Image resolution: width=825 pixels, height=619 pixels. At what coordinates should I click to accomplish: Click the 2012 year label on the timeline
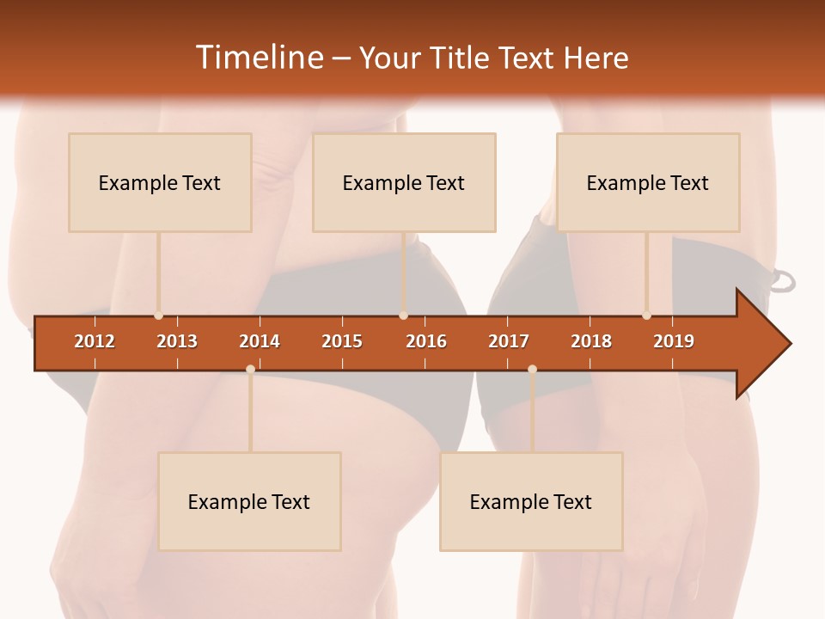click(x=95, y=341)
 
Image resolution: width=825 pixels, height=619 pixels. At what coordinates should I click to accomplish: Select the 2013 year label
click(x=177, y=341)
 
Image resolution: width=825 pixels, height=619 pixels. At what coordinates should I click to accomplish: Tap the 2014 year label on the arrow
click(x=260, y=341)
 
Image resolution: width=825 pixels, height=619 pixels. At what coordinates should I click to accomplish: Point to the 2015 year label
click(x=342, y=341)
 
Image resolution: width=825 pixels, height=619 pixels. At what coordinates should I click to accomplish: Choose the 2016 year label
click(x=426, y=341)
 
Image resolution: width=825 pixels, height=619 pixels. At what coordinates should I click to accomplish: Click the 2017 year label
click(x=509, y=341)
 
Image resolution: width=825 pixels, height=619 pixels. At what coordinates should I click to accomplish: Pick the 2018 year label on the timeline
click(x=591, y=341)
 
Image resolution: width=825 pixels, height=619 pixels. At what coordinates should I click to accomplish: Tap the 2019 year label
click(x=674, y=341)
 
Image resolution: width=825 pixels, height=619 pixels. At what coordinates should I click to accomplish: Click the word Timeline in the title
click(x=260, y=58)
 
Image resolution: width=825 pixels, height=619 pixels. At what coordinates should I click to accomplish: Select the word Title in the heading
click(x=462, y=58)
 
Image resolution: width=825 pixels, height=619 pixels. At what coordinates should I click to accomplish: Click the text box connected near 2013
click(x=160, y=182)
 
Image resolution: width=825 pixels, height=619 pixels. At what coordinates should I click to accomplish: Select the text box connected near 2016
click(x=404, y=182)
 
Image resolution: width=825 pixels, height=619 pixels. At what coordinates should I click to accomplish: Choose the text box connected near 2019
click(x=648, y=182)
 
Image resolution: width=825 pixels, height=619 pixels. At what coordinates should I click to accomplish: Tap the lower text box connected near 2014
click(x=249, y=501)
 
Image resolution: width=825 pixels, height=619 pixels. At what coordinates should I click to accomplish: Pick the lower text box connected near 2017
click(x=531, y=501)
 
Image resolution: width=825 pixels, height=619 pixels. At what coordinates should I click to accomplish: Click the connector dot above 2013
click(x=158, y=316)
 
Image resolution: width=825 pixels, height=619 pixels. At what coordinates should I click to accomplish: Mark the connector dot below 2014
click(x=250, y=369)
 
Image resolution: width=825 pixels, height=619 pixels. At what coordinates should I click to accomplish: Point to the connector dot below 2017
click(x=532, y=369)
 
